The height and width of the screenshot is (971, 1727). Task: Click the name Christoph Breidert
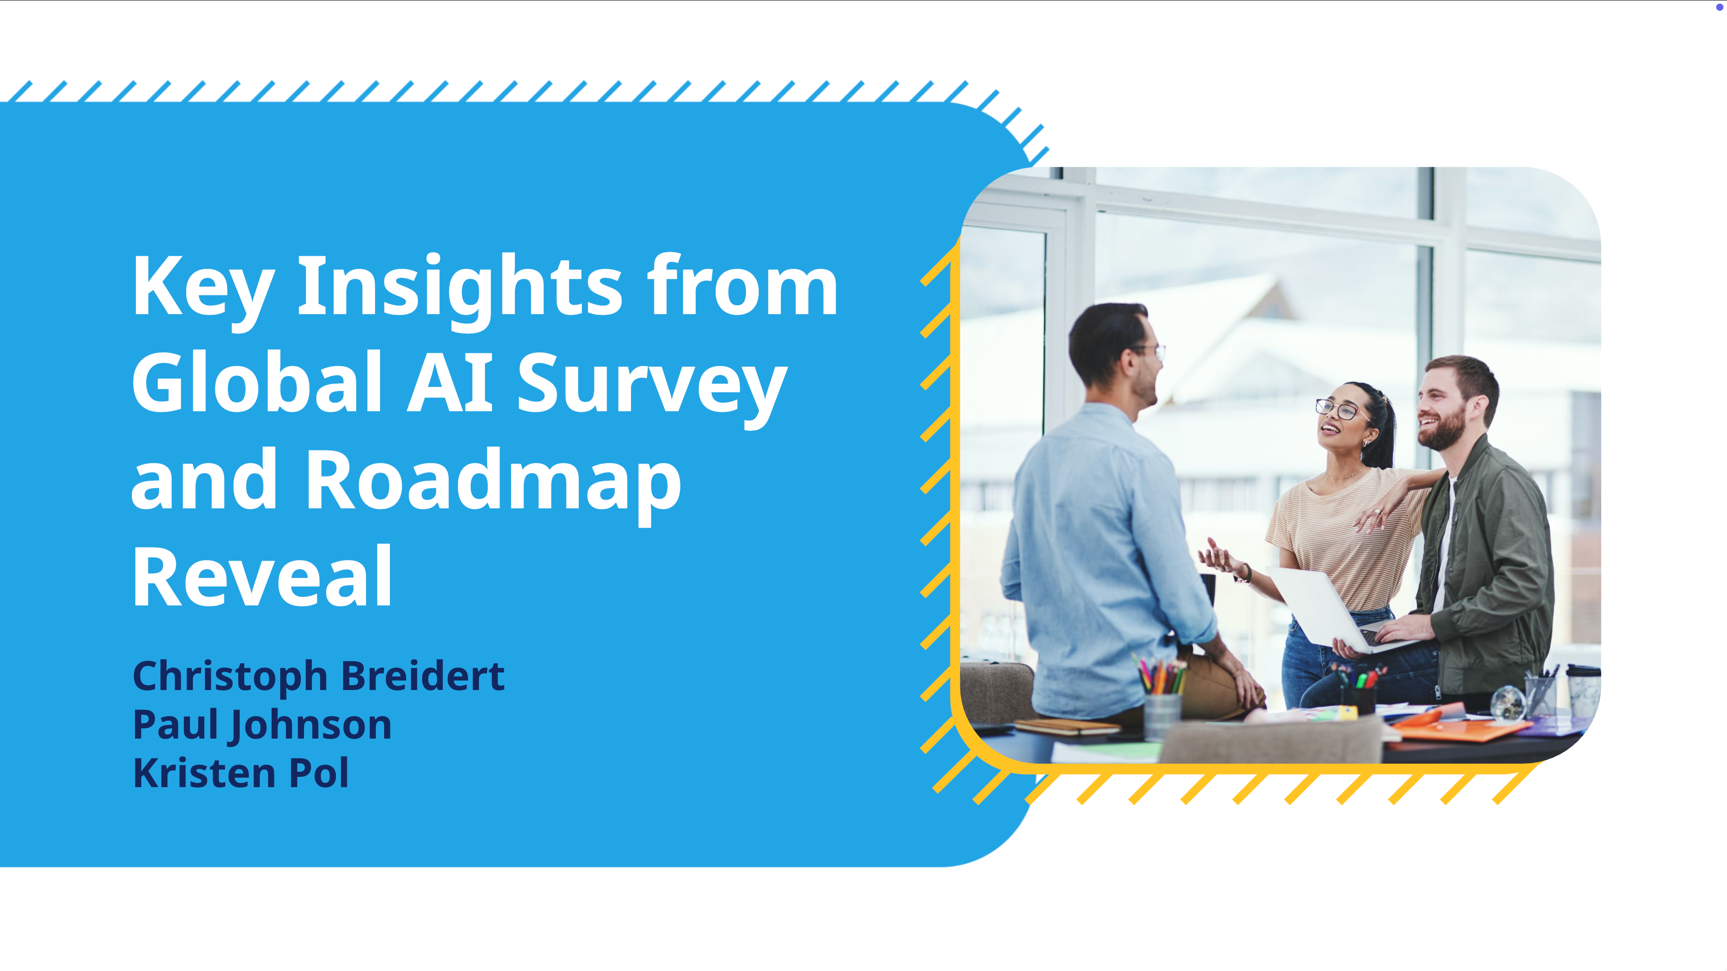[x=318, y=677]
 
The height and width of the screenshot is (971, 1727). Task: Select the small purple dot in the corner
[x=1719, y=7]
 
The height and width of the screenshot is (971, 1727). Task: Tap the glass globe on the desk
[x=1507, y=702]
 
